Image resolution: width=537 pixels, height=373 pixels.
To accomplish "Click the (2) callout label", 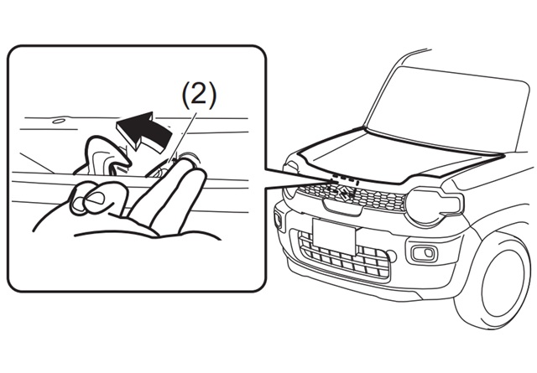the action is click(x=199, y=96).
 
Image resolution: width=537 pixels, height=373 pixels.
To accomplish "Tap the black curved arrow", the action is click(x=143, y=131).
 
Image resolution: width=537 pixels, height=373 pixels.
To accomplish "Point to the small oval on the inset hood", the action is click(x=59, y=122).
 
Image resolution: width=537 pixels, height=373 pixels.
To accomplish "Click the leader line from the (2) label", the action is click(x=184, y=136).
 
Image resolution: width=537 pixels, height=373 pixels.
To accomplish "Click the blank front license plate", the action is click(x=334, y=236).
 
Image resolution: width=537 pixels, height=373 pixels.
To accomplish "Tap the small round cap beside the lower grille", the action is click(x=393, y=256).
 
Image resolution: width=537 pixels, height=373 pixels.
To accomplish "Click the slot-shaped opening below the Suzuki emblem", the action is click(x=341, y=208).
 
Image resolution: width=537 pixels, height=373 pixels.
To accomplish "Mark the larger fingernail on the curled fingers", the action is click(x=96, y=198).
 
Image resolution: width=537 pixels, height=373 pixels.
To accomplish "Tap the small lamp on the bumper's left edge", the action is click(x=279, y=221).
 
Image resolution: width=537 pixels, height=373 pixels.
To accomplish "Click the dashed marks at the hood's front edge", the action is click(x=344, y=180).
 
